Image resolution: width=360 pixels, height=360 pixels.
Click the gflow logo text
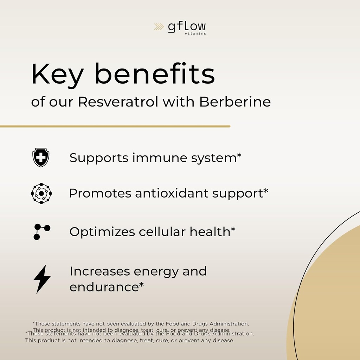186,27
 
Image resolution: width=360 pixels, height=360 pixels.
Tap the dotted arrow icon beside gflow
159,27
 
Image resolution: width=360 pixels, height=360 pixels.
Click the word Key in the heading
57,75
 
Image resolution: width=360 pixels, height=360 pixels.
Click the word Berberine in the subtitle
235,102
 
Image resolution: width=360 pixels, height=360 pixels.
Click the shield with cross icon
41,157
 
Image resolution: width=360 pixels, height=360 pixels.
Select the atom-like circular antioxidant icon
41,193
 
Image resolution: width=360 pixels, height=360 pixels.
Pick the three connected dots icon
41,232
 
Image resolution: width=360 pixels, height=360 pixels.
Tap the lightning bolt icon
42,279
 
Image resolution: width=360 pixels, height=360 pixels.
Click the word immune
160,158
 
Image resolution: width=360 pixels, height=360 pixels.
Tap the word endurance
103,287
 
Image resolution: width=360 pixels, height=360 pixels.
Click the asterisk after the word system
239,155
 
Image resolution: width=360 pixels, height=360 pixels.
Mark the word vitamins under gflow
195,34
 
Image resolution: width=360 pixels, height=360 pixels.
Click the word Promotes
99,193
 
